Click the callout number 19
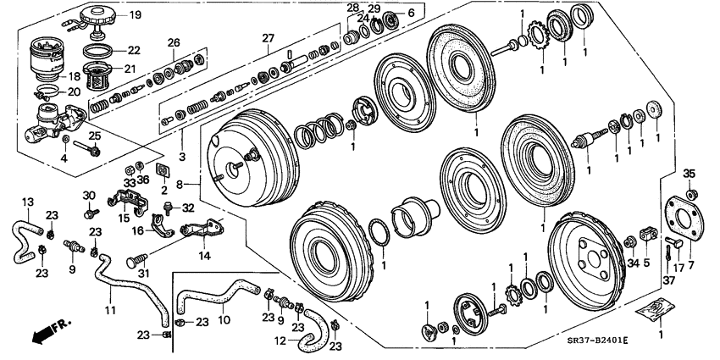tap(136, 15)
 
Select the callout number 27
tap(269, 39)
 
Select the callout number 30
tap(89, 196)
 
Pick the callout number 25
tap(95, 135)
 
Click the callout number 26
tap(174, 42)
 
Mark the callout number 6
tap(412, 13)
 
